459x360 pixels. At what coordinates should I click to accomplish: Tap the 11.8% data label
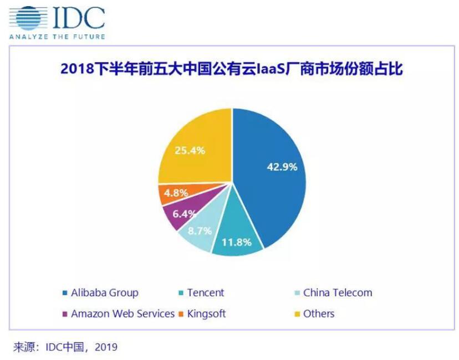pos(238,242)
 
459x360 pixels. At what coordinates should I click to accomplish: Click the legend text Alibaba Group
pos(104,292)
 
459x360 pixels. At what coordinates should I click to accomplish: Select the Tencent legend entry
pos(206,292)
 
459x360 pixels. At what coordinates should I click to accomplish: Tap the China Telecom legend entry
pos(338,292)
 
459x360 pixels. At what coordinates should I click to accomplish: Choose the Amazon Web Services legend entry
pos(123,313)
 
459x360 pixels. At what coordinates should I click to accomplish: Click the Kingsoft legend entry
pos(206,313)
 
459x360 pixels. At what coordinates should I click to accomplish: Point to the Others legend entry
pos(319,313)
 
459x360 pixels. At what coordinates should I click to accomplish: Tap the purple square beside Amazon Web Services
pos(66,314)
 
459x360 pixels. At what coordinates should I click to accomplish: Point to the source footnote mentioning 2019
pos(65,347)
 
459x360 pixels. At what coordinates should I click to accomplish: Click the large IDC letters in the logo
pos(78,18)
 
